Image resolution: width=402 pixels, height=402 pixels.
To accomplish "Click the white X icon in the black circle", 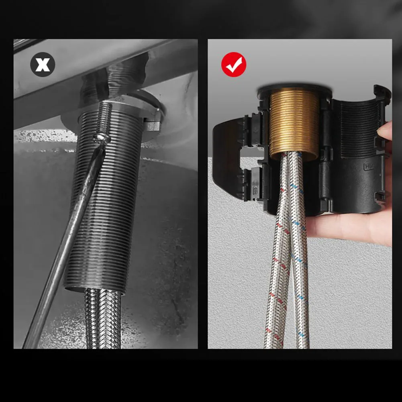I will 43,65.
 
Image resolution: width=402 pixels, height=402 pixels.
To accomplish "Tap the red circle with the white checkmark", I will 233,65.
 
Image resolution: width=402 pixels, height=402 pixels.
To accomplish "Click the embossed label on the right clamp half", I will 369,165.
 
